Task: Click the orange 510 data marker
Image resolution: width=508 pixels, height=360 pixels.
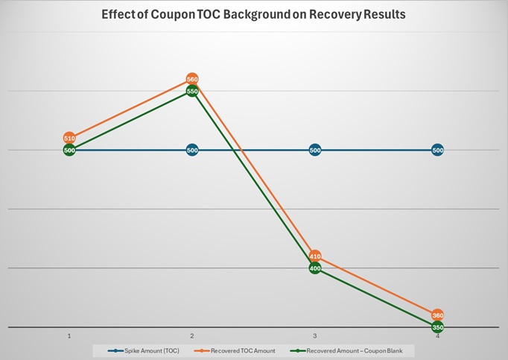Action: (69, 138)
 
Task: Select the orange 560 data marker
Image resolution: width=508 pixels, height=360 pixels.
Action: (192, 79)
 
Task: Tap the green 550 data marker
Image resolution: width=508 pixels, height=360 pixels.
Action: (192, 91)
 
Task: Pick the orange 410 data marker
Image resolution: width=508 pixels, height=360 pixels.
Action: (315, 256)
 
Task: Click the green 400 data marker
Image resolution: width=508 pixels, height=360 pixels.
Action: (315, 268)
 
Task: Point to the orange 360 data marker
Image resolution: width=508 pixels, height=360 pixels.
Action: (438, 315)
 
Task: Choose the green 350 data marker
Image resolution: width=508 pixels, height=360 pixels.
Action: (438, 327)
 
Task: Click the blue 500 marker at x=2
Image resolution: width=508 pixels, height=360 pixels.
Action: (192, 150)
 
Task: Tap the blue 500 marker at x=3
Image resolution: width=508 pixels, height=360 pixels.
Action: (315, 150)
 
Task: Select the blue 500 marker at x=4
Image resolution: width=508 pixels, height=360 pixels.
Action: (438, 150)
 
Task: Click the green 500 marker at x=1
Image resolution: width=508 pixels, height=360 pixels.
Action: (69, 150)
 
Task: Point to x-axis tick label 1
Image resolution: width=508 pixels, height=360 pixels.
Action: (69, 336)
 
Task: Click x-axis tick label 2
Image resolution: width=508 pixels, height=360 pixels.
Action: (192, 336)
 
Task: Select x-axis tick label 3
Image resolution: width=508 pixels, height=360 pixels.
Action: (315, 336)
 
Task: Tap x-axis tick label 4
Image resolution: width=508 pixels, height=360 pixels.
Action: (438, 336)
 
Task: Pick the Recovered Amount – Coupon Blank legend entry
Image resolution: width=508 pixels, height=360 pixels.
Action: (350, 350)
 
